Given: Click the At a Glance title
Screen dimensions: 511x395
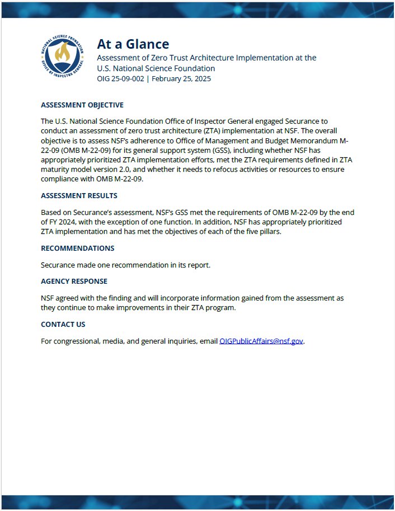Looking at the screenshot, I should (133, 44).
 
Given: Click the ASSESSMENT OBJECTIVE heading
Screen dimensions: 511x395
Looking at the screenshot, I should (82, 105).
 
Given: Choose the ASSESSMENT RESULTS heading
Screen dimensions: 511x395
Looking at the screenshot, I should (79, 196).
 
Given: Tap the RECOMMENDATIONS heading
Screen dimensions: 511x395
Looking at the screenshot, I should (77, 248).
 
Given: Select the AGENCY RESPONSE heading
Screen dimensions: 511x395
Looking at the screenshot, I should (74, 281).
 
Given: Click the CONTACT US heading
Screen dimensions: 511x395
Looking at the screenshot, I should (63, 324).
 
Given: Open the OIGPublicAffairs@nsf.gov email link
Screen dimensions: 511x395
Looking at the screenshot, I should (261, 341).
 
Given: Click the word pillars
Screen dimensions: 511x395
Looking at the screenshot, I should (268, 232).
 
